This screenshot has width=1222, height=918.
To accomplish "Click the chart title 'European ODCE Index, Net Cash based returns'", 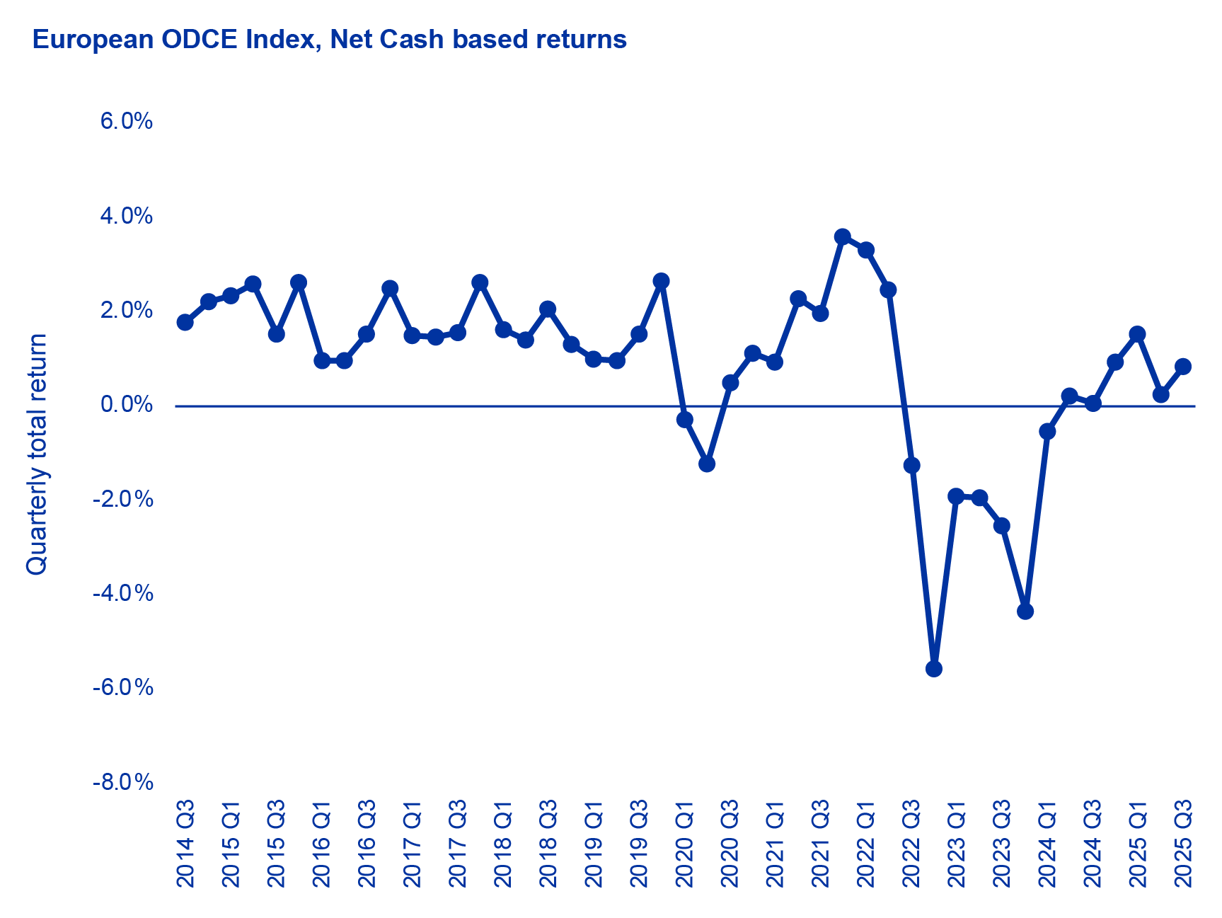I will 329,40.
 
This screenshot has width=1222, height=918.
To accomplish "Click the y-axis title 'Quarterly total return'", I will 37,454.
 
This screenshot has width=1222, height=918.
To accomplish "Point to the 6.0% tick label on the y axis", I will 127,121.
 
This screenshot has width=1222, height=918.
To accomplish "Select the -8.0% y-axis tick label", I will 123,782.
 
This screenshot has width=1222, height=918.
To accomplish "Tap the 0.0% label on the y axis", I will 127,405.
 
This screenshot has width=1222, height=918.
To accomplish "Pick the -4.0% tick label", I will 123,593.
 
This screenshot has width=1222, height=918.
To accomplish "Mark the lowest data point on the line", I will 934,669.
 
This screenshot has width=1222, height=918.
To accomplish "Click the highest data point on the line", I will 843,236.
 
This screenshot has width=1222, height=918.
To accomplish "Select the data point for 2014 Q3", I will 185,323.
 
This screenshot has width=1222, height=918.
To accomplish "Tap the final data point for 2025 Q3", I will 1183,367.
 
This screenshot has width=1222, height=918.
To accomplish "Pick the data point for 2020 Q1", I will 685,420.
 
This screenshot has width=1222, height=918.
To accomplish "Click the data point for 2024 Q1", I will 1048,431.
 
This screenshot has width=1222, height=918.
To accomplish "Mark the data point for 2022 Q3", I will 912,465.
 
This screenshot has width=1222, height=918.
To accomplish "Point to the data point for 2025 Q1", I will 1138,334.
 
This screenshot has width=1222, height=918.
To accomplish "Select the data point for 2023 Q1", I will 957,496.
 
